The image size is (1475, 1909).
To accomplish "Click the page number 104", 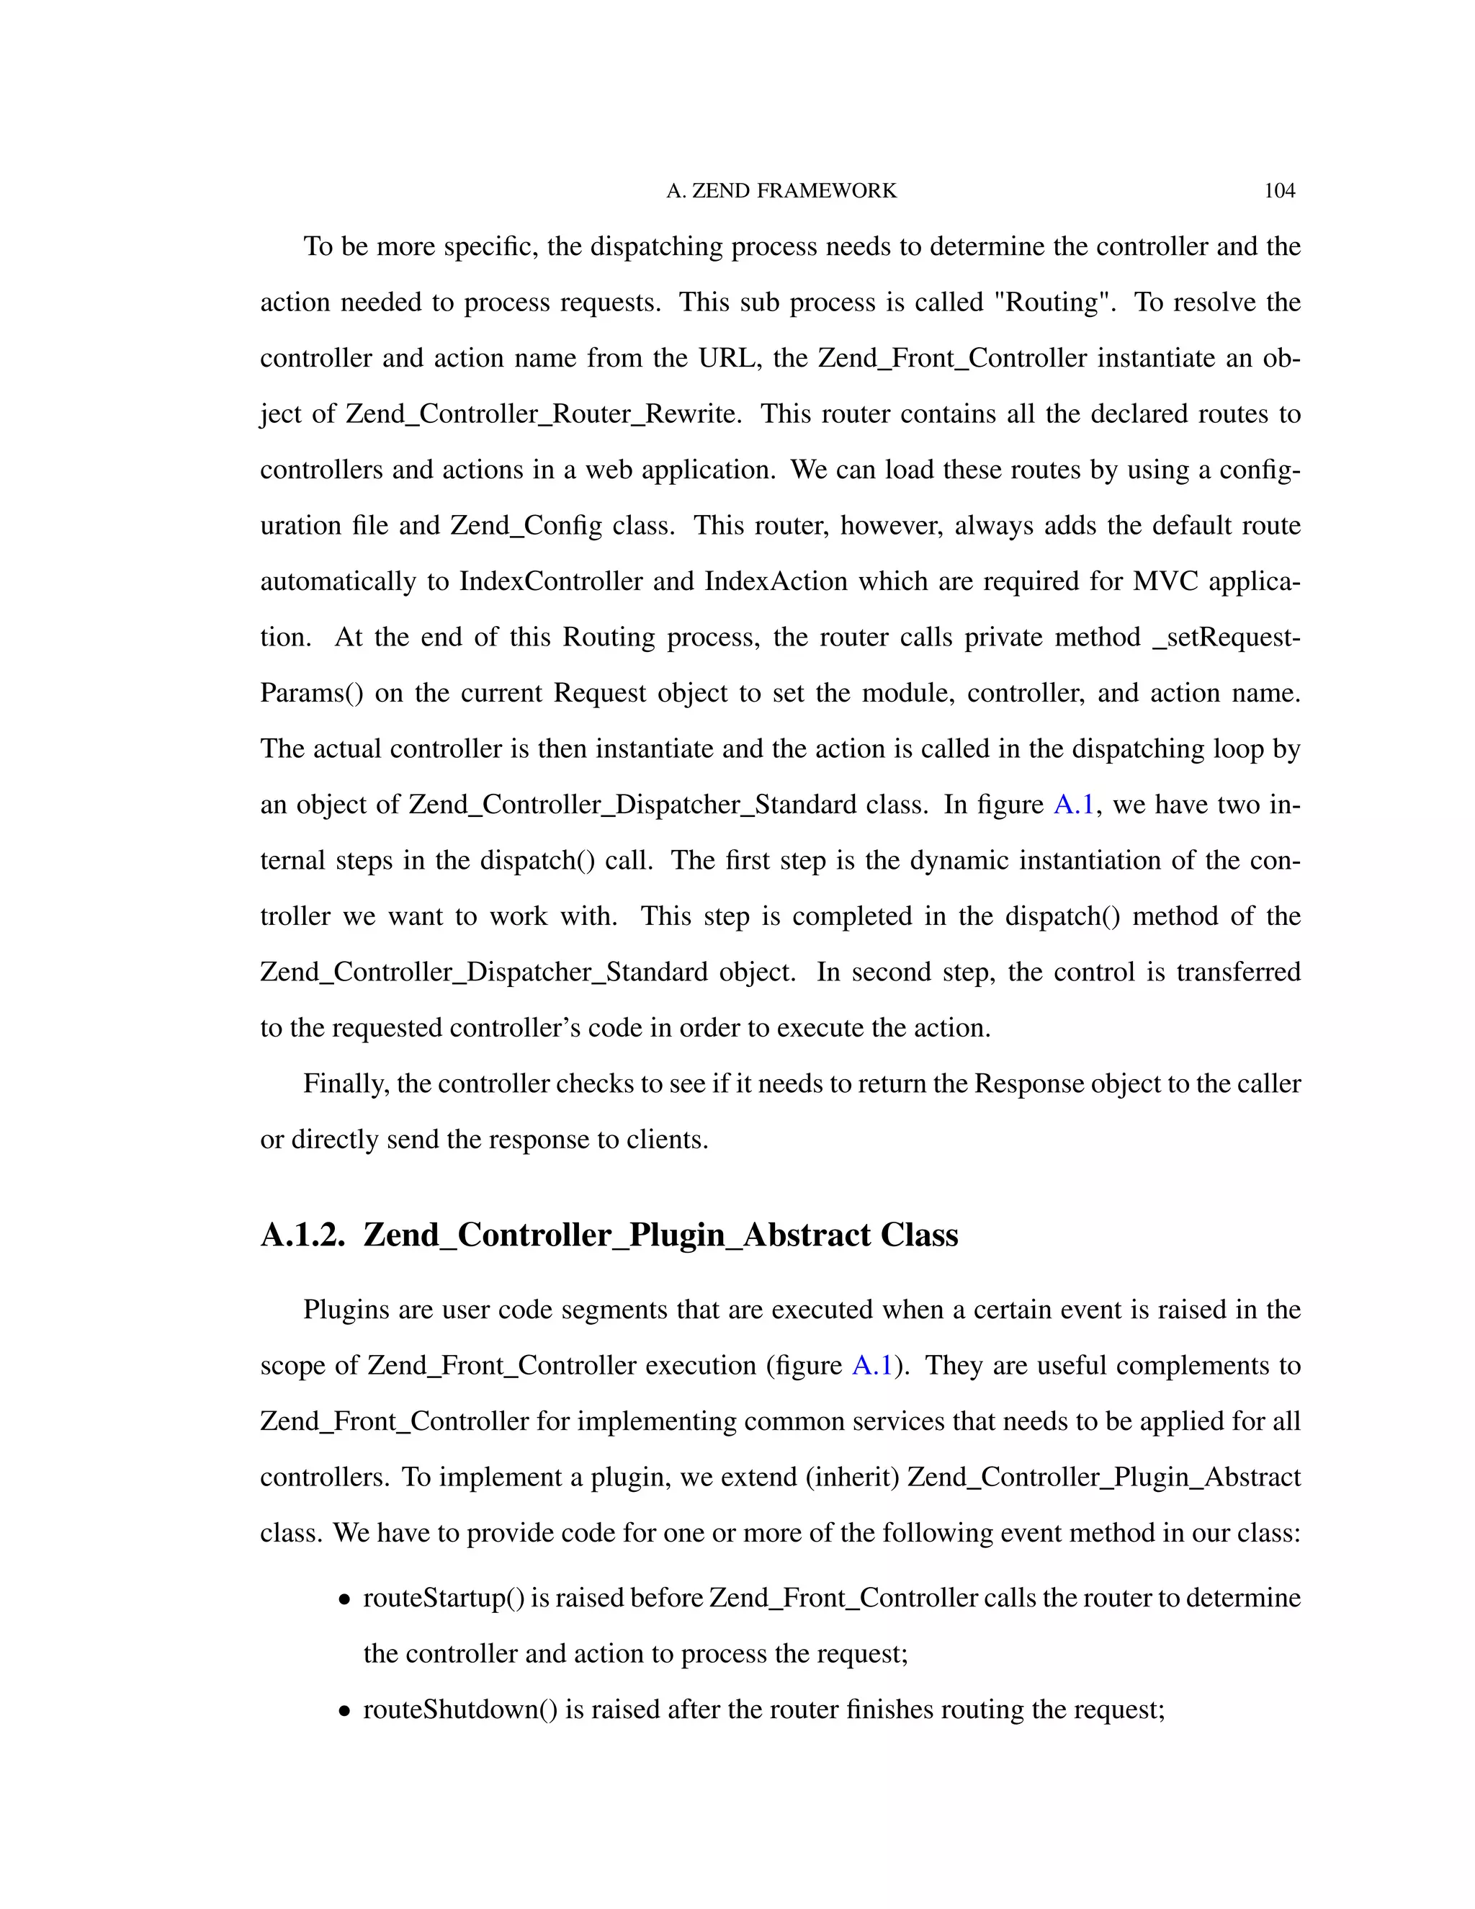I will pyautogui.click(x=1279, y=191).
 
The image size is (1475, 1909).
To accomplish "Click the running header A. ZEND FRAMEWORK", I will pyautogui.click(x=781, y=191).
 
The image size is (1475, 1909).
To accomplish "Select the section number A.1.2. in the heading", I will pyautogui.click(x=302, y=1235).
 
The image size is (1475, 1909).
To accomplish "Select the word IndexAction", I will pyautogui.click(x=776, y=581).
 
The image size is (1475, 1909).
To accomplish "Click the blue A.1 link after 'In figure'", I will pyautogui.click(x=1074, y=804).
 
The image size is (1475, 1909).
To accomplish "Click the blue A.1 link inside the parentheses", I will pyautogui.click(x=872, y=1365).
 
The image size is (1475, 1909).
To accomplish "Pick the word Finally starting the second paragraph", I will pyautogui.click(x=346, y=1084).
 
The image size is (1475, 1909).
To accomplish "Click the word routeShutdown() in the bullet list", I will pyautogui.click(x=459, y=1709).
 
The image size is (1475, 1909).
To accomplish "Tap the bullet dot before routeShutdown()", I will pyautogui.click(x=345, y=1712).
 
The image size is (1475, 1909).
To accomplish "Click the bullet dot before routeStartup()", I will pyautogui.click(x=345, y=1599).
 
